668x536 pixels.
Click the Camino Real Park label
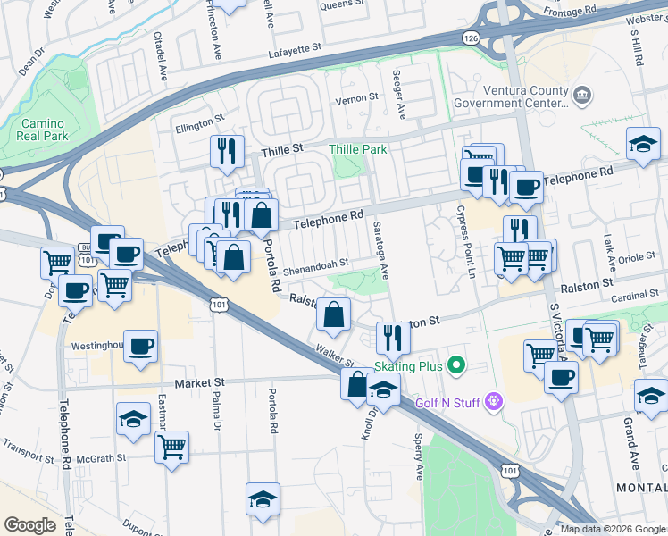click(42, 130)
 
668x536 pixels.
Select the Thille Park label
click(358, 149)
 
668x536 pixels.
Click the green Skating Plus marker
click(457, 365)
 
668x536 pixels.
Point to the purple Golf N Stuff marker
click(492, 404)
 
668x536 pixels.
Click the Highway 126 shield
click(471, 38)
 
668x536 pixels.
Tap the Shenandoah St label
click(314, 263)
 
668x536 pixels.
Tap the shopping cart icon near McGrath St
click(171, 446)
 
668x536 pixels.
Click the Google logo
click(29, 525)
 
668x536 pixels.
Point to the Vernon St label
click(351, 99)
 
